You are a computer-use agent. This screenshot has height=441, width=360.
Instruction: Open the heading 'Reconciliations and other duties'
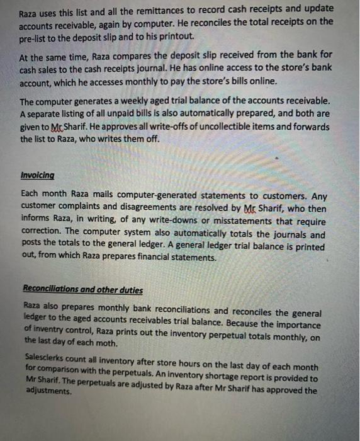pos(82,290)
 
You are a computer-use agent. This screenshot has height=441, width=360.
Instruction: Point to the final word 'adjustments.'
pos(46,391)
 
